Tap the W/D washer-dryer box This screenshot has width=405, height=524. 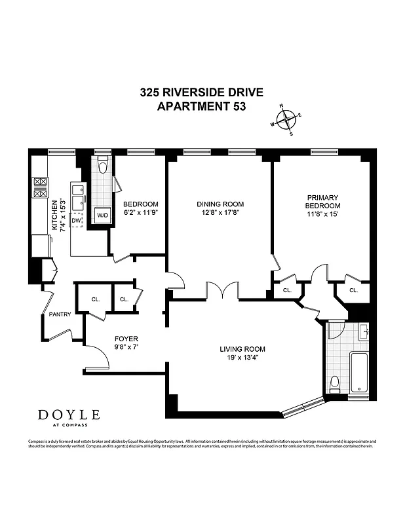click(102, 215)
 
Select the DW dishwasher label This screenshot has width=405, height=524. click(76, 221)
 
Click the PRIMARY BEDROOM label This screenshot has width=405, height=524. click(322, 201)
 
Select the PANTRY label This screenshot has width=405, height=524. click(60, 314)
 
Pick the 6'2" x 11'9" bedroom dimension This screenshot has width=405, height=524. click(138, 212)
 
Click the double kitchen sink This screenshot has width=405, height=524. click(79, 195)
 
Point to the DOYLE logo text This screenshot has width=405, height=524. click(69, 415)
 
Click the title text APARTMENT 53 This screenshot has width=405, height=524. click(202, 106)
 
